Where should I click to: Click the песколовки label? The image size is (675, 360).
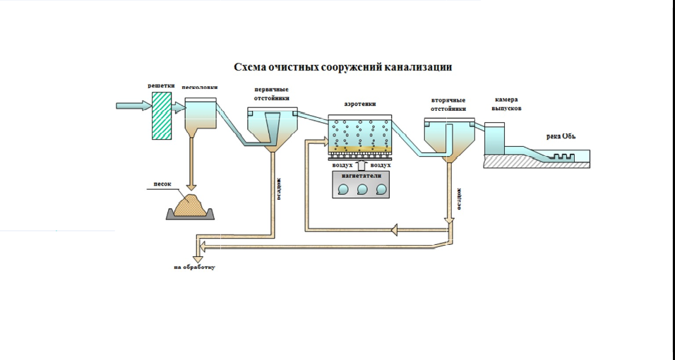[200, 88]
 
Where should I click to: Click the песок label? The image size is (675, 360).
[163, 185]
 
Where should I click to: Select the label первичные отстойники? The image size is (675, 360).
[273, 95]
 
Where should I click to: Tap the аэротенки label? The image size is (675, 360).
[360, 104]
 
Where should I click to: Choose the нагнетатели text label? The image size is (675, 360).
[361, 174]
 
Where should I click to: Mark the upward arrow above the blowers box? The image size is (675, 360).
[361, 165]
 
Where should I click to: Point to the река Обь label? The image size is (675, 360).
[562, 136]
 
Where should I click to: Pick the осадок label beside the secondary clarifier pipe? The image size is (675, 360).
[459, 199]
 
